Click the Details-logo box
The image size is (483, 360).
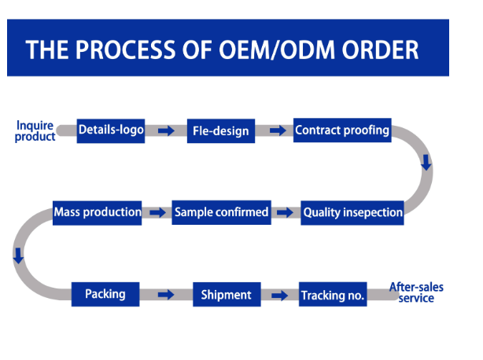tap(111, 130)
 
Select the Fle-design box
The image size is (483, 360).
tap(221, 130)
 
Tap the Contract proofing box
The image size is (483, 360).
tap(342, 130)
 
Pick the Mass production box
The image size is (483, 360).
tap(97, 213)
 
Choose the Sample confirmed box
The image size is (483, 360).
tap(222, 212)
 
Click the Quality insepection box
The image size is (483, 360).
tap(352, 213)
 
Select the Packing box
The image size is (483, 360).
tap(105, 294)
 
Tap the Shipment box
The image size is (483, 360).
tap(227, 294)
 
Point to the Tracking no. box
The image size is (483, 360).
tap(333, 294)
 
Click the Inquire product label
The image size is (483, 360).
tap(35, 131)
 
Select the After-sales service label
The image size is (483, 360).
tap(416, 292)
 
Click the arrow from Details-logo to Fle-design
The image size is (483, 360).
tap(166, 130)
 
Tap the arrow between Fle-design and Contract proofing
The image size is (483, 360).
tap(278, 130)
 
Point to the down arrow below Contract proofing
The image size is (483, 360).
tap(426, 163)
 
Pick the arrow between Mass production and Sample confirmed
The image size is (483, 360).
tap(157, 212)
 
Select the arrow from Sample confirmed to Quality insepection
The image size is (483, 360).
tap(285, 212)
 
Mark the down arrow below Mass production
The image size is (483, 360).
tap(18, 255)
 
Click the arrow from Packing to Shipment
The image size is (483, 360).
tap(166, 295)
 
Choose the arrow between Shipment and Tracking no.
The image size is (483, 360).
tap(280, 296)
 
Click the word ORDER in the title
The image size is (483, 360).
tap(380, 50)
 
